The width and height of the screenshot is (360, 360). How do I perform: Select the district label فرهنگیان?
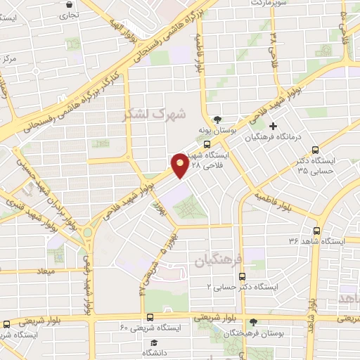pyautogui.click(x=218, y=261)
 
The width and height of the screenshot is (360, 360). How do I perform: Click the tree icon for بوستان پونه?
pyautogui.click(x=217, y=119)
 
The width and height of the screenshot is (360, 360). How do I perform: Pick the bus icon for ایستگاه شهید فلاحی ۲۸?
pyautogui.click(x=217, y=145)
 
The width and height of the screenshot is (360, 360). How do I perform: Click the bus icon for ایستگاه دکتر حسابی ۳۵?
pyautogui.click(x=315, y=149)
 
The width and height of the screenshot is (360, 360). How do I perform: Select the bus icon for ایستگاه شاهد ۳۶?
pyautogui.click(x=316, y=230)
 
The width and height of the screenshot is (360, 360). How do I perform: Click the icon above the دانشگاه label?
pyautogui.click(x=149, y=340)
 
